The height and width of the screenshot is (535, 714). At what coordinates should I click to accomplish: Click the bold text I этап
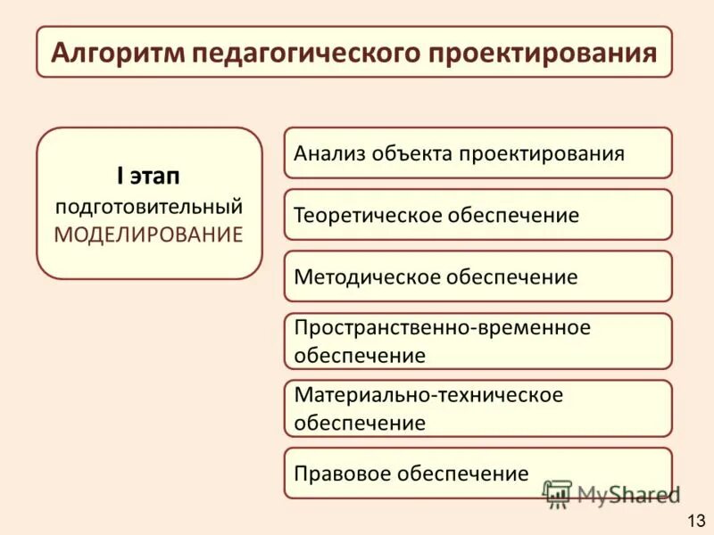pos(149,176)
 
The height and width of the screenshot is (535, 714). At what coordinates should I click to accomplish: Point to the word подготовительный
pos(149,206)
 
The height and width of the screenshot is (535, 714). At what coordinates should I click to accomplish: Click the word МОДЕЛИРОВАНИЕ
pos(149,235)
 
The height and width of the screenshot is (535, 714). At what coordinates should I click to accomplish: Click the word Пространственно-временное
pos(443,328)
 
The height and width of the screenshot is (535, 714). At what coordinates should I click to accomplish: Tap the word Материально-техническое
pos(428,395)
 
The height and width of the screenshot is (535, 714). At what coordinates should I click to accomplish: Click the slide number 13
pos(695,520)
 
